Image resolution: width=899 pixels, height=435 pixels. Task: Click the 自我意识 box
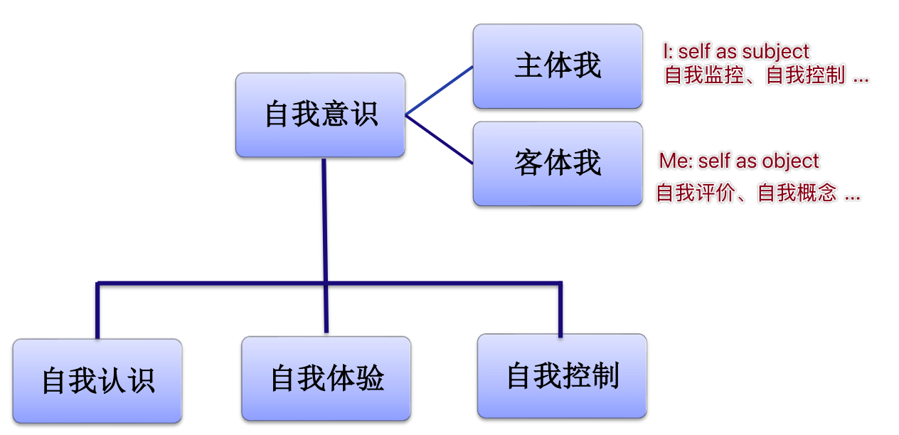click(x=320, y=114)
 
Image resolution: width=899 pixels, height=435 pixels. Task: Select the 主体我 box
click(x=558, y=66)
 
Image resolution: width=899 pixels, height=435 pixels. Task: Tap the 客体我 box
click(x=558, y=163)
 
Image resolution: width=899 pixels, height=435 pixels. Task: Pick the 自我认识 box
click(x=97, y=381)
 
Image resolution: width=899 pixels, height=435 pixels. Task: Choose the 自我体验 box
click(x=326, y=378)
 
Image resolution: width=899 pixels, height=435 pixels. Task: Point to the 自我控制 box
click(x=562, y=375)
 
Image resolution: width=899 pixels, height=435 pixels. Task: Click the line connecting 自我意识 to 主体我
click(x=440, y=90)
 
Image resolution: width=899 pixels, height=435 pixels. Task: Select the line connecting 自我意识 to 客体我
click(x=440, y=140)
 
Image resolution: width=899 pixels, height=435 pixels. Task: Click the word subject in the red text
click(x=775, y=52)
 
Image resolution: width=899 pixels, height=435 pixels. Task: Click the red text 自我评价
click(x=693, y=193)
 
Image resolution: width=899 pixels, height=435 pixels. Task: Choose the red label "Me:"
click(x=674, y=161)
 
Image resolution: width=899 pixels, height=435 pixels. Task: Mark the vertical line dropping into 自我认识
click(x=97, y=311)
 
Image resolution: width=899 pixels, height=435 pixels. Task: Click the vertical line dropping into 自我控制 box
click(x=560, y=310)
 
